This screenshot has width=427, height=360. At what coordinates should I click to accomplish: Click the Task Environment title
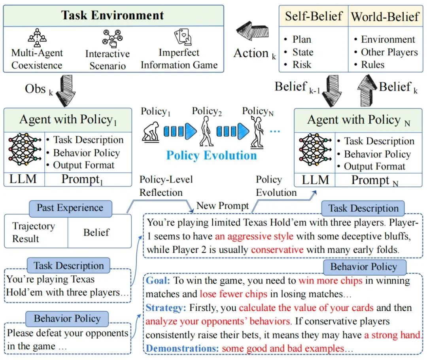pos(112,15)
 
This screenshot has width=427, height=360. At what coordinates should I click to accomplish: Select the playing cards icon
pos(183,38)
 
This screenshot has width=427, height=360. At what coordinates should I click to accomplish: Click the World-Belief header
pos(385,17)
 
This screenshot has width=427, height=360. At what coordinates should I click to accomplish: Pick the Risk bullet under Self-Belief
pos(302,64)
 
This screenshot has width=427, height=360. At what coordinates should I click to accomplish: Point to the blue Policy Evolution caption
pos(212,155)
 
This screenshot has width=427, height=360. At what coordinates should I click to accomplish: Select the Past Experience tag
pos(70,208)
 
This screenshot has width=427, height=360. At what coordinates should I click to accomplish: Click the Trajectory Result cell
pos(34,232)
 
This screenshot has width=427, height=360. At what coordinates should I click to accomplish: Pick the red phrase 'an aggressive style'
pos(254,237)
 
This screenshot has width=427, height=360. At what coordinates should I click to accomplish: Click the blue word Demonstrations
pos(182,349)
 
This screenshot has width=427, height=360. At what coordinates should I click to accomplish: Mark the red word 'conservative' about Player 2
pos(277,250)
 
